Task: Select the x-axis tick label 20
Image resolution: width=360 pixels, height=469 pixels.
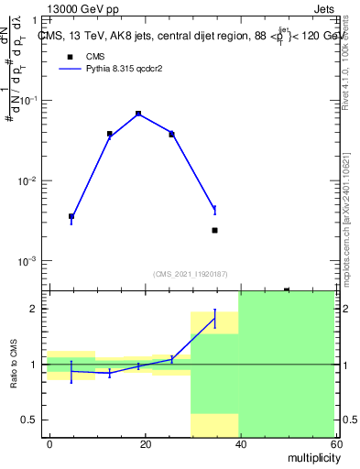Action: (145, 444)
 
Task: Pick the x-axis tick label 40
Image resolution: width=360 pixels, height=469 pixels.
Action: (240, 444)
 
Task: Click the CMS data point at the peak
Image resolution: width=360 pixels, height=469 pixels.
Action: (138, 114)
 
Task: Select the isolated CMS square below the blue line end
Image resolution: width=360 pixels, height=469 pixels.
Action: (214, 230)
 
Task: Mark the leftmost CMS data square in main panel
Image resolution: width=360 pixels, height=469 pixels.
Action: (71, 216)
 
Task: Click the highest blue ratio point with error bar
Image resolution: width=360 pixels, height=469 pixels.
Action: (214, 317)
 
